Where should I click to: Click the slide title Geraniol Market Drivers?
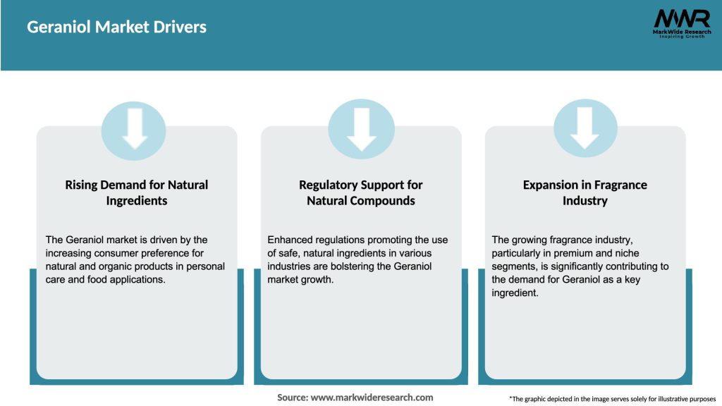116,27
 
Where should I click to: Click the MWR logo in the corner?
681,19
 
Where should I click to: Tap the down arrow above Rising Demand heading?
134,128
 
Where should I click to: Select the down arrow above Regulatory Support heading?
361,129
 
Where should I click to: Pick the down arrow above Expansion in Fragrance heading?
585,128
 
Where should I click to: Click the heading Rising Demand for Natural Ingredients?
137,192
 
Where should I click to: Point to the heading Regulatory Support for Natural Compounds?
361,192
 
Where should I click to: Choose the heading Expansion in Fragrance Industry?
585,192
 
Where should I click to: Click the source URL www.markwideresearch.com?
372,398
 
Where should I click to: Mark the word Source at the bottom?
292,398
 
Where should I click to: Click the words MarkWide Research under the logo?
681,32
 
